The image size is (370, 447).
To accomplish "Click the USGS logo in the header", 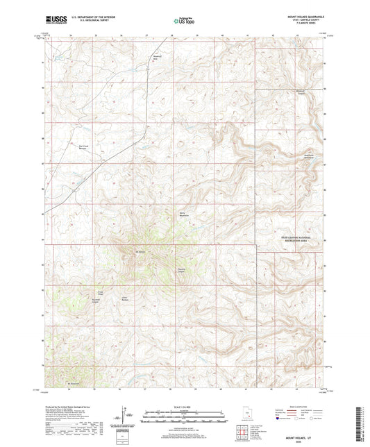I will (x=53, y=20).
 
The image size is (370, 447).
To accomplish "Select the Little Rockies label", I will (x=126, y=298).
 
